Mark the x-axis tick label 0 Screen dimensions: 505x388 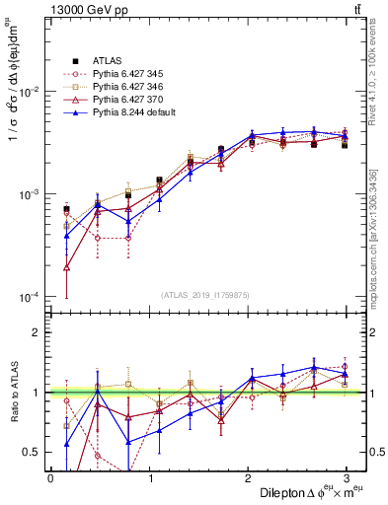point(50,478)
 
